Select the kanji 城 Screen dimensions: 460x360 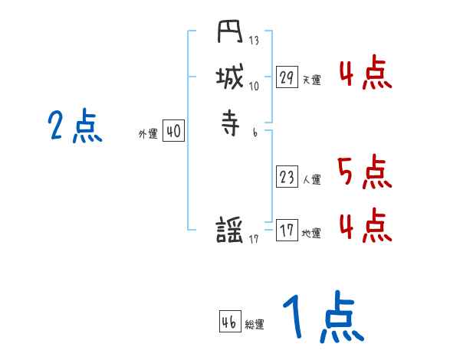229,77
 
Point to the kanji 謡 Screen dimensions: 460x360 230,230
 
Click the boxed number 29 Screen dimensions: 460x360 287,77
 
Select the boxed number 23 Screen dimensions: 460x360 287,178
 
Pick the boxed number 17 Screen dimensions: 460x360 287,231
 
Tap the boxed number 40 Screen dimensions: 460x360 173,132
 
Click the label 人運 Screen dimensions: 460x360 311,180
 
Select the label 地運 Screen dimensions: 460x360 311,234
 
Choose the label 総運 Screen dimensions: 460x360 255,325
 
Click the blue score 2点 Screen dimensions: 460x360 74,126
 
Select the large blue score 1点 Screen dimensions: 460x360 322,318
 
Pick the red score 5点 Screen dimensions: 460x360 364,172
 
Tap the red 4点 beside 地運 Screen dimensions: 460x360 364,226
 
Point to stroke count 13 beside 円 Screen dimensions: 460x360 254,40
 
